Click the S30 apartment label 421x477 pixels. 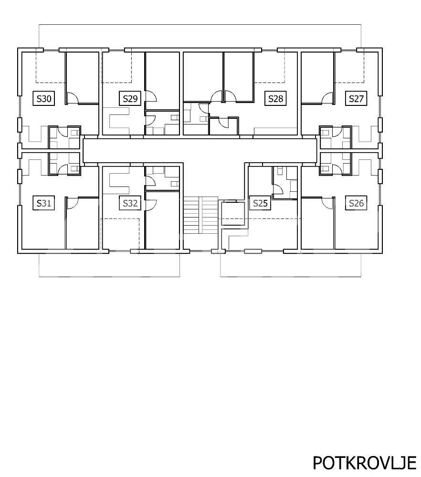(x=44, y=99)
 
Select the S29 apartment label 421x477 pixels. (x=130, y=99)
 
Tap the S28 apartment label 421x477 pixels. (x=275, y=99)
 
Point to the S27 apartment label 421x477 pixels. (x=356, y=99)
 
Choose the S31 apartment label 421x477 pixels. (x=44, y=203)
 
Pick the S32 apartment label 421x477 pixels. (x=130, y=203)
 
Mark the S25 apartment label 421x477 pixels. (x=260, y=203)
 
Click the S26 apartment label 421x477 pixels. (x=356, y=203)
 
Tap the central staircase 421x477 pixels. (x=200, y=215)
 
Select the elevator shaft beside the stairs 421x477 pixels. (x=233, y=213)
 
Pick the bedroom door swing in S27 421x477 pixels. (x=327, y=98)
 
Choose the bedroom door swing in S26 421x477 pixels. (x=327, y=203)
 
